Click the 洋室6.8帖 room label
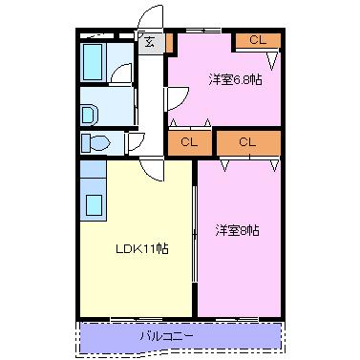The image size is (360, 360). pos(236,79)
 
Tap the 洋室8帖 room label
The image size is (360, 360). pos(238,230)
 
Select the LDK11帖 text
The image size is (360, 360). pos(142,248)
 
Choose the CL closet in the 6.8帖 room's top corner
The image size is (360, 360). pos(257,40)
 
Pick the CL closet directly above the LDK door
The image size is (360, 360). pos(188,142)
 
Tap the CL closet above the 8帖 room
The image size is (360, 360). pos(248,142)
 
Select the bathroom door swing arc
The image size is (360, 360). pos(121,74)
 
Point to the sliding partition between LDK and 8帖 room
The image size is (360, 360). pos(196,239)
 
